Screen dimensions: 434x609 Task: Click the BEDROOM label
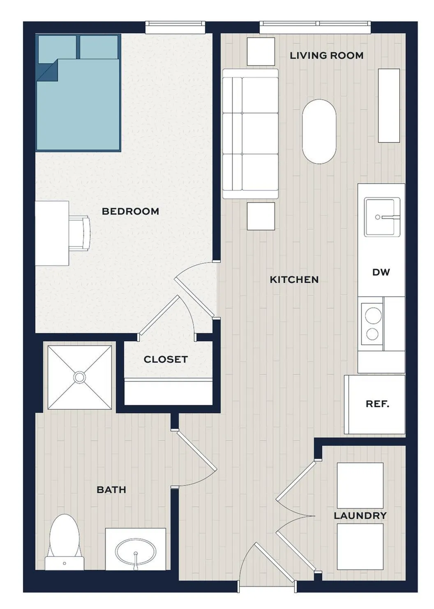[x=130, y=211]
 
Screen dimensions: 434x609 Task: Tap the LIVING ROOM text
[x=326, y=56]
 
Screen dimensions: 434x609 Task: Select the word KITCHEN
[x=294, y=280]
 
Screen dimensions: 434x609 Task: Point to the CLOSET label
[x=166, y=359]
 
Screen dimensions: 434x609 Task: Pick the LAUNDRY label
[x=360, y=516]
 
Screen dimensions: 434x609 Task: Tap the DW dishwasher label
[x=381, y=272]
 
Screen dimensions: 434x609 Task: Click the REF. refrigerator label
[x=377, y=404]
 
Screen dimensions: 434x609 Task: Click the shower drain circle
[x=80, y=377]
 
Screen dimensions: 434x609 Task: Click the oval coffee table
[x=319, y=132]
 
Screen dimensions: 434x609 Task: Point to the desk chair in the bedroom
[x=80, y=233]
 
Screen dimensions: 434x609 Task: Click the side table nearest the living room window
[x=261, y=52]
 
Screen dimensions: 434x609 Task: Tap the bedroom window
[x=175, y=28]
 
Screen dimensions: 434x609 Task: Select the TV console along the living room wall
[x=389, y=106]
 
